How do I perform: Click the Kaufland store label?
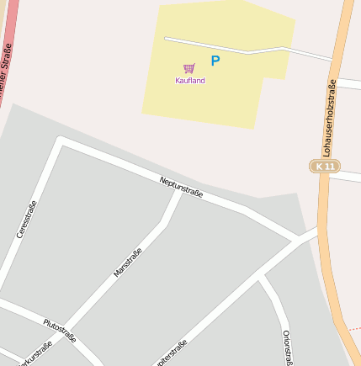pyautogui.click(x=189, y=81)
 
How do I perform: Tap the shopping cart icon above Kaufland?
pyautogui.click(x=188, y=68)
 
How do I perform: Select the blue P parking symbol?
pyautogui.click(x=215, y=61)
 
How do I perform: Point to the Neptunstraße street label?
pyautogui.click(x=181, y=188)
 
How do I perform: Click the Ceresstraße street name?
pyautogui.click(x=27, y=220)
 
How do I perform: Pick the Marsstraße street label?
pyautogui.click(x=128, y=263)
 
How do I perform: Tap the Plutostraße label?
pyautogui.click(x=60, y=329)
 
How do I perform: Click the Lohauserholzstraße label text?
pyautogui.click(x=329, y=118)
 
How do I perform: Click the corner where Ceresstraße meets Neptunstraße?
pyautogui.click(x=61, y=141)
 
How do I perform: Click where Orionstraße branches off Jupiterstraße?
pyautogui.click(x=262, y=278)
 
